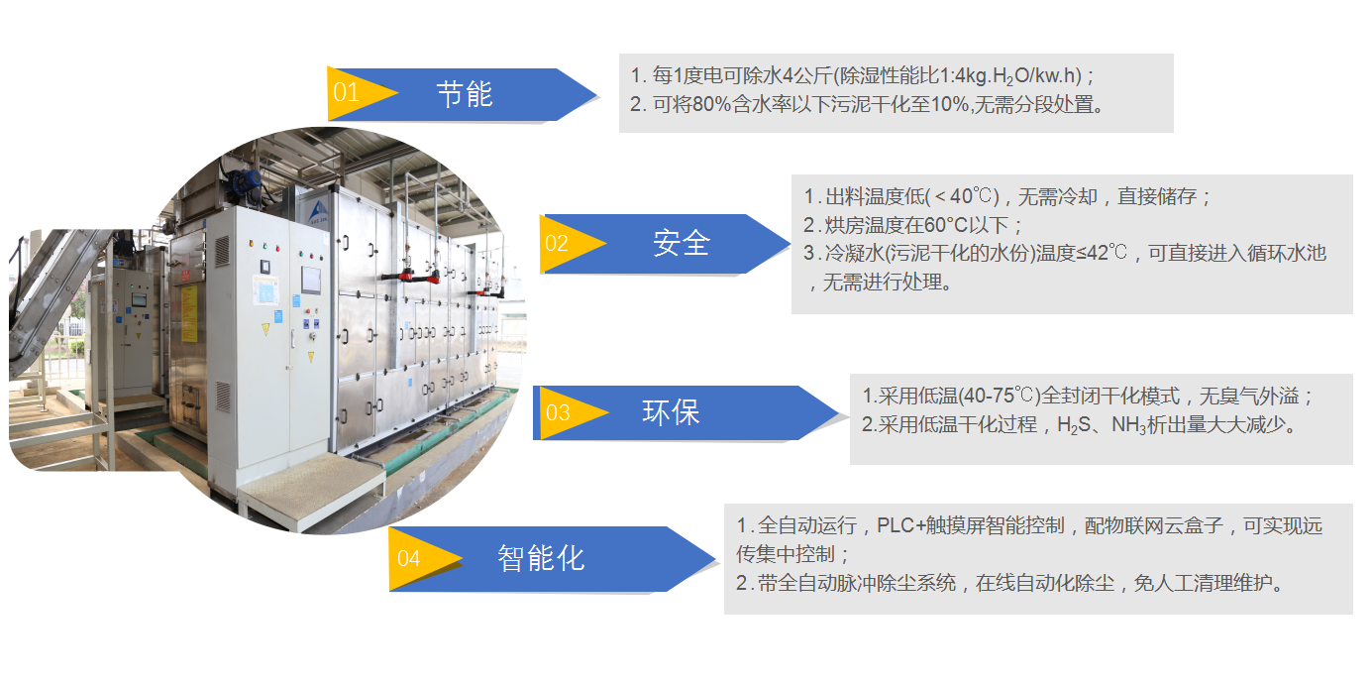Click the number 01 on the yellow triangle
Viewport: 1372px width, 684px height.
click(x=346, y=94)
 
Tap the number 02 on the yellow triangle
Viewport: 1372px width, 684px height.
click(x=557, y=243)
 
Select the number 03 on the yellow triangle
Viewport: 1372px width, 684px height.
click(x=558, y=413)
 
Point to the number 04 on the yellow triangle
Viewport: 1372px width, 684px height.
click(x=408, y=559)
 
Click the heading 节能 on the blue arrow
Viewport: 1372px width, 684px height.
click(x=465, y=94)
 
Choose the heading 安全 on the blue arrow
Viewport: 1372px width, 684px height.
click(x=682, y=243)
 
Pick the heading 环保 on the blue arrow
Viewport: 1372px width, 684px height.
click(x=671, y=413)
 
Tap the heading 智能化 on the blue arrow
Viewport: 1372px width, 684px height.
click(x=541, y=559)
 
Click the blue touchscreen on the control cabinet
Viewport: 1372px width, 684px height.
click(x=312, y=280)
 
